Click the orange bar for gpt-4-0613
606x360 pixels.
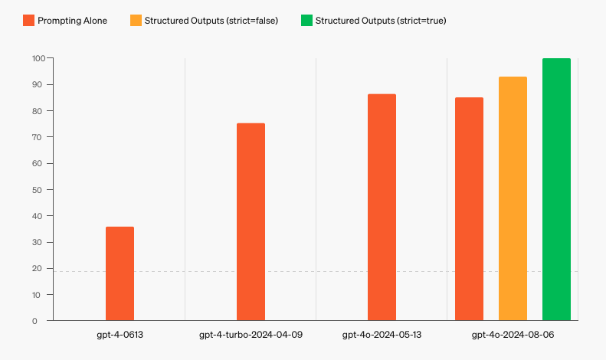[120, 273]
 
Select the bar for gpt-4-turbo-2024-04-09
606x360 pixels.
[251, 221]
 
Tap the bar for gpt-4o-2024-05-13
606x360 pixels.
[382, 207]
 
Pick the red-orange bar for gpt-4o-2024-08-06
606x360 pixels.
[469, 208]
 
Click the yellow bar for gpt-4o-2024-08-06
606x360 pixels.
[513, 198]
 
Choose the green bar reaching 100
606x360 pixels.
[556, 189]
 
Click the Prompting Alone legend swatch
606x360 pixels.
[28, 21]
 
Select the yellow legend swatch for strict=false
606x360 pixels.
[136, 21]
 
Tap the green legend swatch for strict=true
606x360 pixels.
[306, 21]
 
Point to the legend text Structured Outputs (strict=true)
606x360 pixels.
[381, 21]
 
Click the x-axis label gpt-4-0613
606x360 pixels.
[120, 335]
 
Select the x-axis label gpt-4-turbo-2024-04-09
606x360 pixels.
[251, 335]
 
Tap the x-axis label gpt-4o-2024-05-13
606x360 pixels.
[382, 335]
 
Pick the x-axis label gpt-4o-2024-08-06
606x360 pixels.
[513, 335]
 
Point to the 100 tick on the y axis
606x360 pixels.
[38, 58]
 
